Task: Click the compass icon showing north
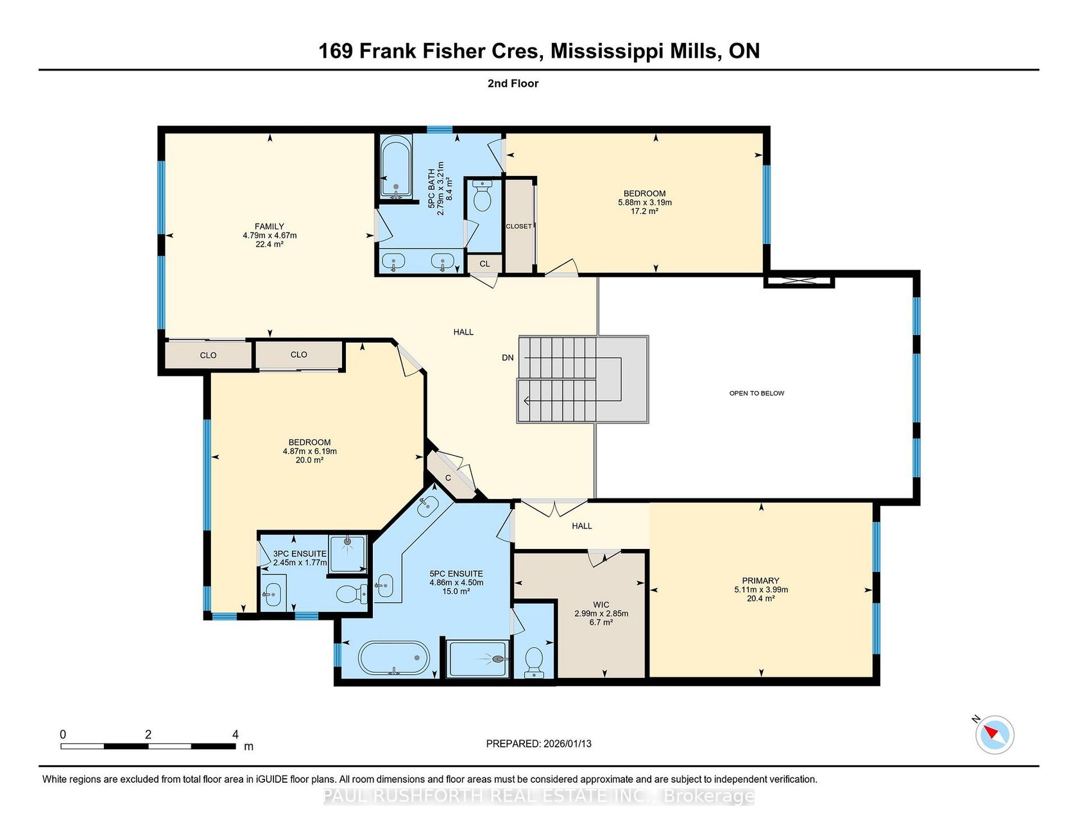pos(995,734)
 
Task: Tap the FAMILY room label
pos(269,226)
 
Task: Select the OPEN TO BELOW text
pos(757,393)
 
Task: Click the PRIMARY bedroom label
pos(761,580)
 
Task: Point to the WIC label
pos(601,605)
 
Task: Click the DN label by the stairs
pos(508,358)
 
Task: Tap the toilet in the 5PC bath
pos(482,195)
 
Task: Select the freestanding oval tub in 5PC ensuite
pos(393,658)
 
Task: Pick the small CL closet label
pos(484,264)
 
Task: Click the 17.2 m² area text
pos(644,211)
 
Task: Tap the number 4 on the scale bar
pos(235,734)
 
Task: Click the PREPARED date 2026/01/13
pos(567,743)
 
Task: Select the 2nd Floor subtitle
pos(513,83)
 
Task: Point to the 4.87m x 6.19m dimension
pos(309,451)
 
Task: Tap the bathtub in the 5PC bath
pos(396,166)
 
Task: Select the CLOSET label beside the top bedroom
pos(518,227)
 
